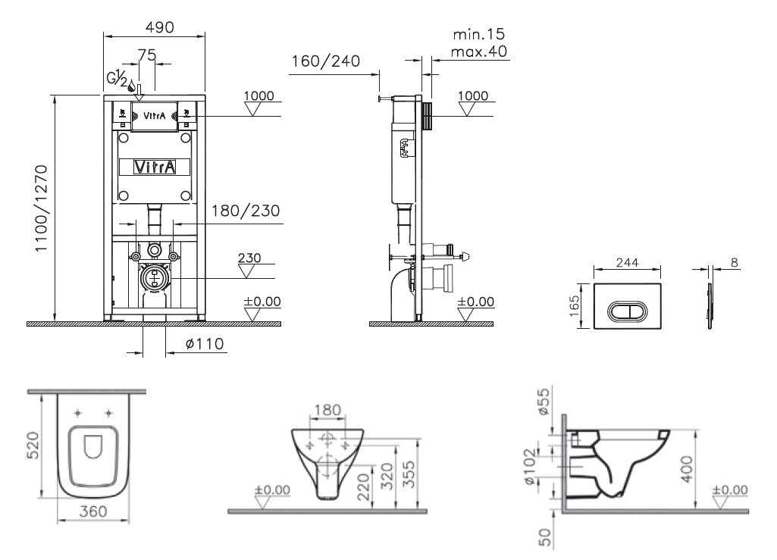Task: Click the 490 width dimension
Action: [159, 27]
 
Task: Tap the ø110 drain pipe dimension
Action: [205, 343]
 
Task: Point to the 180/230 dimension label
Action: [246, 211]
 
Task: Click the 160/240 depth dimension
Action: [325, 61]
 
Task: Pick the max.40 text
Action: [479, 51]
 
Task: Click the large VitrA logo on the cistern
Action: [155, 167]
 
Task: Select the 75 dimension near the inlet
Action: [146, 55]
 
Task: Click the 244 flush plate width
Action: [628, 262]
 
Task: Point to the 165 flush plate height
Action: [574, 305]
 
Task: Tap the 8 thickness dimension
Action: [735, 263]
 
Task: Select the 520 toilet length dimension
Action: [33, 445]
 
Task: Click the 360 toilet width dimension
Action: [93, 511]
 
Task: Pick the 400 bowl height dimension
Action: [688, 469]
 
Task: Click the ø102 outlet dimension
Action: [530, 466]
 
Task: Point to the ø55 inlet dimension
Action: [544, 402]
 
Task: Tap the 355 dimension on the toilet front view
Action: [409, 474]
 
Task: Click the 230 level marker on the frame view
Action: [249, 258]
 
